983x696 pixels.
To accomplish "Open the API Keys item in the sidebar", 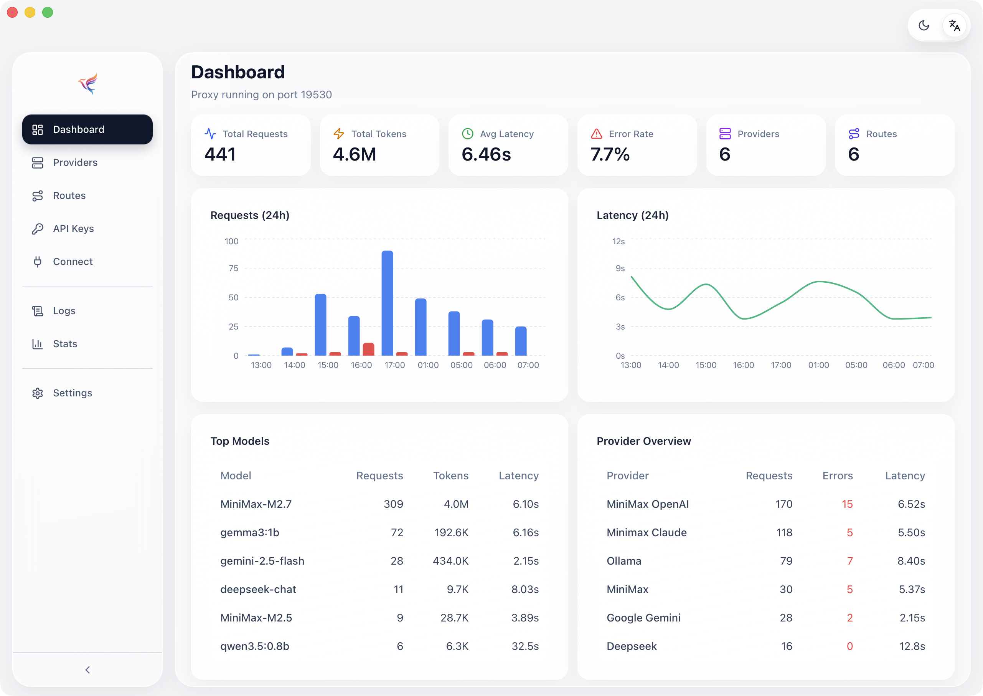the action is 73,229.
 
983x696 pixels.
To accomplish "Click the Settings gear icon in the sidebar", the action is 38,393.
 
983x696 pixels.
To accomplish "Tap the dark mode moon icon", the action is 924,25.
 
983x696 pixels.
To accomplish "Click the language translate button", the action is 954,25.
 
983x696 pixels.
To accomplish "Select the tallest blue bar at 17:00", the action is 387,303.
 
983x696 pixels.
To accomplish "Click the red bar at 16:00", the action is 368,349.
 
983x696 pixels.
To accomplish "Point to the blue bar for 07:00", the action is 521,341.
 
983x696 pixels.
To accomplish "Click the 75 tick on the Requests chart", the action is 233,268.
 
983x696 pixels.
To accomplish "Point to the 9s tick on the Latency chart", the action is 620,268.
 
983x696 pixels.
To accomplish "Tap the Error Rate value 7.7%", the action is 610,154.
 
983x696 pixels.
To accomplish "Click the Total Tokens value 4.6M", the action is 355,154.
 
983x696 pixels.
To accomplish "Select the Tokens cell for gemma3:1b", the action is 451,532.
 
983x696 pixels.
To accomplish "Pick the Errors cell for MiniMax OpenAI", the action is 847,504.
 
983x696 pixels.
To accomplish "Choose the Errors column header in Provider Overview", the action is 838,476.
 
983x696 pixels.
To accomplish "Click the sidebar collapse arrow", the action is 87,670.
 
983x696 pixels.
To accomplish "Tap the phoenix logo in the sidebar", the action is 88,83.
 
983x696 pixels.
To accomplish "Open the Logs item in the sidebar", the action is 64,311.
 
